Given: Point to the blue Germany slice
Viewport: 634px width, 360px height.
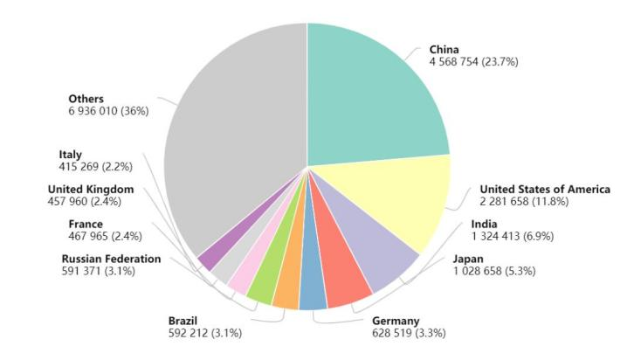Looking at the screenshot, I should pos(313,293).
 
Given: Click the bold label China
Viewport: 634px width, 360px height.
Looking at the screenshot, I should pos(444,50).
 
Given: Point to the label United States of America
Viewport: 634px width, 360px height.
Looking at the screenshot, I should pos(544,190).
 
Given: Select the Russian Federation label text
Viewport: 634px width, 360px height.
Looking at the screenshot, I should pos(111,259).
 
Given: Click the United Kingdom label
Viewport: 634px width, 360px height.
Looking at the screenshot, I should pos(91,189).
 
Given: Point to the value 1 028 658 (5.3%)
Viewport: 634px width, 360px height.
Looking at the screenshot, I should pos(494,271).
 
